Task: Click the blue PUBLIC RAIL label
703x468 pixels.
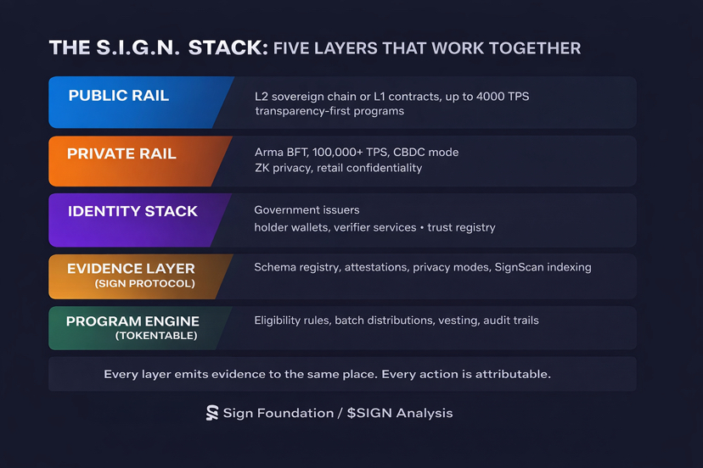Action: [x=119, y=96]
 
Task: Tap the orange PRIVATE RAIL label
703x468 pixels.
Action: [x=122, y=153]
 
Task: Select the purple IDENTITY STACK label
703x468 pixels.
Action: [x=132, y=211]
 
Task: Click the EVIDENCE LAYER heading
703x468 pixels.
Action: [x=132, y=268]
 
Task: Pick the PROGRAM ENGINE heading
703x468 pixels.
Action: [x=132, y=321]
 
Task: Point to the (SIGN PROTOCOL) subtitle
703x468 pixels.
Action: [x=144, y=283]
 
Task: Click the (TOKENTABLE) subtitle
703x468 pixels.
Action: [x=156, y=336]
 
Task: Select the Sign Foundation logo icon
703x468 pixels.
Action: [x=212, y=413]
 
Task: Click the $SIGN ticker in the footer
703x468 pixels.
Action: [x=370, y=413]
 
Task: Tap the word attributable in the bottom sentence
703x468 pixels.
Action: [x=511, y=374]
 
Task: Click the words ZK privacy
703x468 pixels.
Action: [x=290, y=168]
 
